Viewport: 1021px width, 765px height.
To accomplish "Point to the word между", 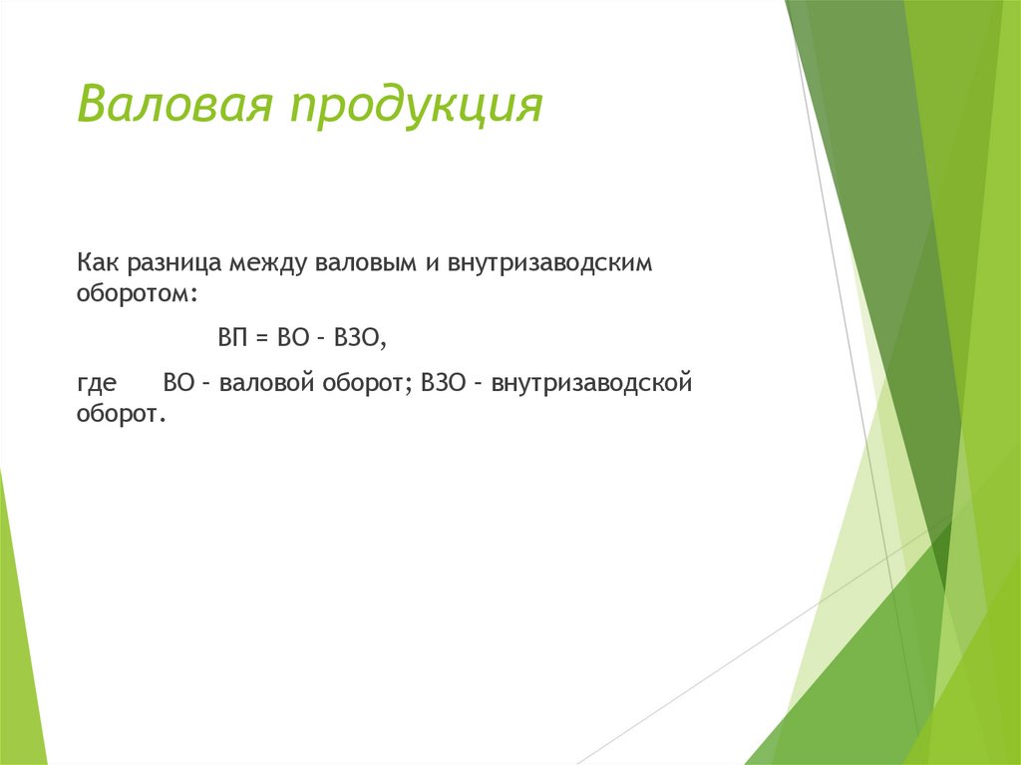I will [268, 265].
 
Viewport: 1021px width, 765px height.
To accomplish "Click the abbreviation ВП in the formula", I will [232, 339].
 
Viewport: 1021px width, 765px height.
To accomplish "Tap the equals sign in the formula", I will [262, 339].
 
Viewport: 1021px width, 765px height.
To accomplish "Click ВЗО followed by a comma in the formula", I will [358, 339].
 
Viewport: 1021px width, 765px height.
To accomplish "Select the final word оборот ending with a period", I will [118, 413].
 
